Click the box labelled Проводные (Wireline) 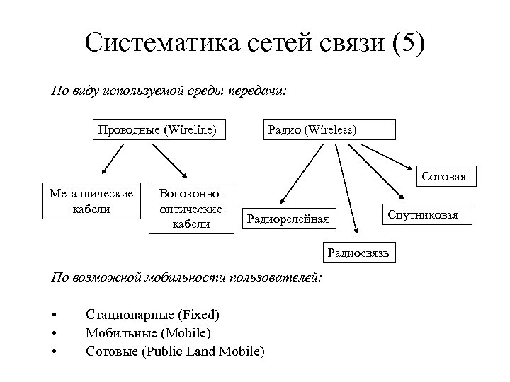click(157, 130)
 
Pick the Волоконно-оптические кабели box click(191, 208)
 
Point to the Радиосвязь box click(359, 252)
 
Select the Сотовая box click(443, 176)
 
